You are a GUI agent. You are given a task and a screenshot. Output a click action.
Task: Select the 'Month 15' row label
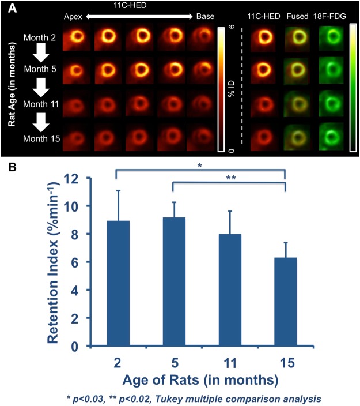[41, 140]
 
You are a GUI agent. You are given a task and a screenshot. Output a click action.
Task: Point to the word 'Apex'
[73, 17]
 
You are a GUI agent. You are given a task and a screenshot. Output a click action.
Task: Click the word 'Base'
[206, 17]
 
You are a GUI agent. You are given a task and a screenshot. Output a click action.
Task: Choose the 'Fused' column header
[297, 17]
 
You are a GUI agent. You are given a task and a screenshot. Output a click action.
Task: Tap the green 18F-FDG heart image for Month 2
[331, 38]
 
